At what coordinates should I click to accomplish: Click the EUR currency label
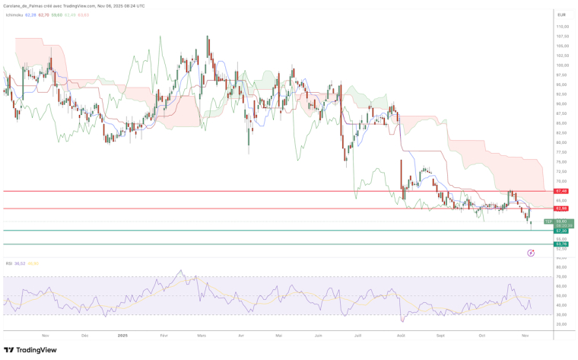point(561,14)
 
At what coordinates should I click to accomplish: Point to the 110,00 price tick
point(562,27)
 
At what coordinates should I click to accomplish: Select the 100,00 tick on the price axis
point(562,65)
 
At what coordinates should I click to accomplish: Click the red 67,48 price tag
point(562,191)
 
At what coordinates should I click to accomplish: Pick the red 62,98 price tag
point(562,209)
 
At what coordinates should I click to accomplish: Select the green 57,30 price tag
point(562,231)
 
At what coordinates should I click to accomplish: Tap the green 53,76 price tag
point(562,244)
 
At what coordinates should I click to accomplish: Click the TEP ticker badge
point(548,221)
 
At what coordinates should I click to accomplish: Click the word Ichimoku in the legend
point(14,14)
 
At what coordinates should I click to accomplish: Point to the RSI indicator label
point(9,263)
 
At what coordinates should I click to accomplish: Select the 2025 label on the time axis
point(122,335)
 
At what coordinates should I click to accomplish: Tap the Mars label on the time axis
point(202,335)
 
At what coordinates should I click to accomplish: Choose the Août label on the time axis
point(401,335)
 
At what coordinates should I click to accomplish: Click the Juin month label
point(319,335)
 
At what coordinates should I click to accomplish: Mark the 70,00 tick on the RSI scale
point(561,277)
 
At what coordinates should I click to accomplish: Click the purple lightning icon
point(530,252)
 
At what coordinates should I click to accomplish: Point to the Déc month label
point(84,335)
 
